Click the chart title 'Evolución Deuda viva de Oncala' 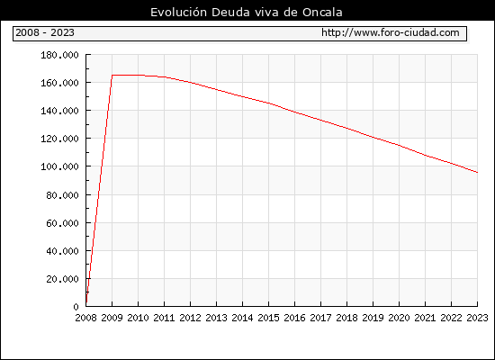[x=247, y=13]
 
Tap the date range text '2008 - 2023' [x=45, y=32]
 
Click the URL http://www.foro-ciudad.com [x=391, y=32]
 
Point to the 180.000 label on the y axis [x=59, y=55]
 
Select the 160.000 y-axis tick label [x=59, y=83]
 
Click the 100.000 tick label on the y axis [x=59, y=166]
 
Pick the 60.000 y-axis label [x=62, y=223]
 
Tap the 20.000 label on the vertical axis [x=62, y=279]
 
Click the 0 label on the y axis [x=76, y=307]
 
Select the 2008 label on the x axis [x=85, y=318]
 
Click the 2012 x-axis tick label [x=191, y=318]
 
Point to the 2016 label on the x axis [x=294, y=318]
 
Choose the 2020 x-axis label [x=399, y=318]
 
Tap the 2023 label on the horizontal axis [x=477, y=318]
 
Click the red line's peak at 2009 [x=112, y=76]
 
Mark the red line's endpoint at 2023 [x=477, y=173]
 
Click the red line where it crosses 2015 [x=269, y=103]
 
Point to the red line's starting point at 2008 [x=86, y=302]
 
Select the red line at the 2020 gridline [x=399, y=145]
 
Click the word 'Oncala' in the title [x=322, y=13]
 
